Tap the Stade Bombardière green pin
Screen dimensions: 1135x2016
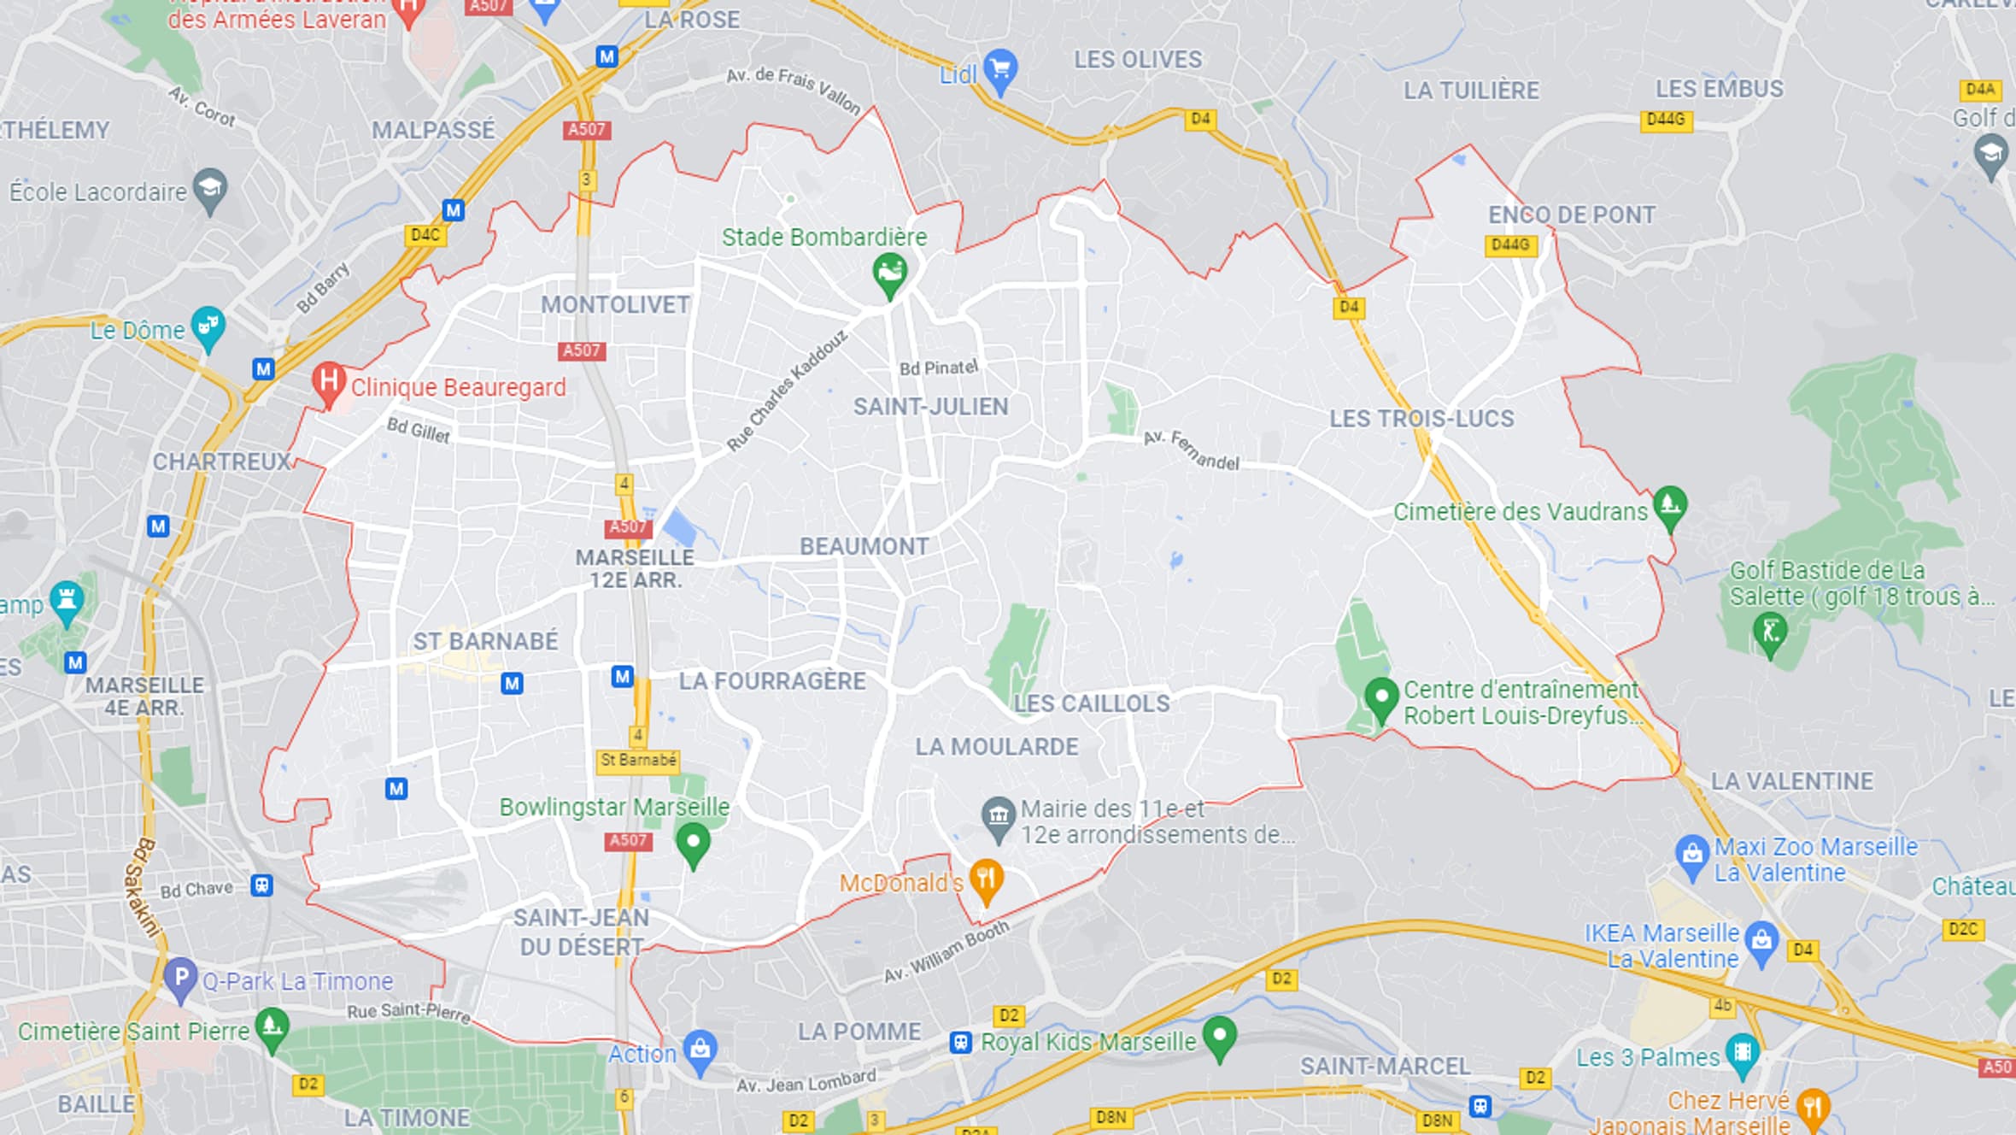coord(889,273)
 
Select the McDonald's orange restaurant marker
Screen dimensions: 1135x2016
coord(986,879)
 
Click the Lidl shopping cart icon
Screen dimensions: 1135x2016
coord(1000,68)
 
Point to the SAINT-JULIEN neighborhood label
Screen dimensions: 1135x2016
coord(930,407)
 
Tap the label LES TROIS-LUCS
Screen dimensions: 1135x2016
coord(1421,419)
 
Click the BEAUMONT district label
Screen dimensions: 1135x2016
coord(864,547)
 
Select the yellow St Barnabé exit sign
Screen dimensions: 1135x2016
coord(638,760)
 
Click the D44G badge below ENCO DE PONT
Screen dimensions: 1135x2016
coord(1509,245)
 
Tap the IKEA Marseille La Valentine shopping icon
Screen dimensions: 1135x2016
coord(1761,940)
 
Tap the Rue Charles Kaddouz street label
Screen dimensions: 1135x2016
coord(787,391)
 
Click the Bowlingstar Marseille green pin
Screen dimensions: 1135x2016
coord(693,843)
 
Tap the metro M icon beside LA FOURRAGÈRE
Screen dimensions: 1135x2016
coord(622,677)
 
